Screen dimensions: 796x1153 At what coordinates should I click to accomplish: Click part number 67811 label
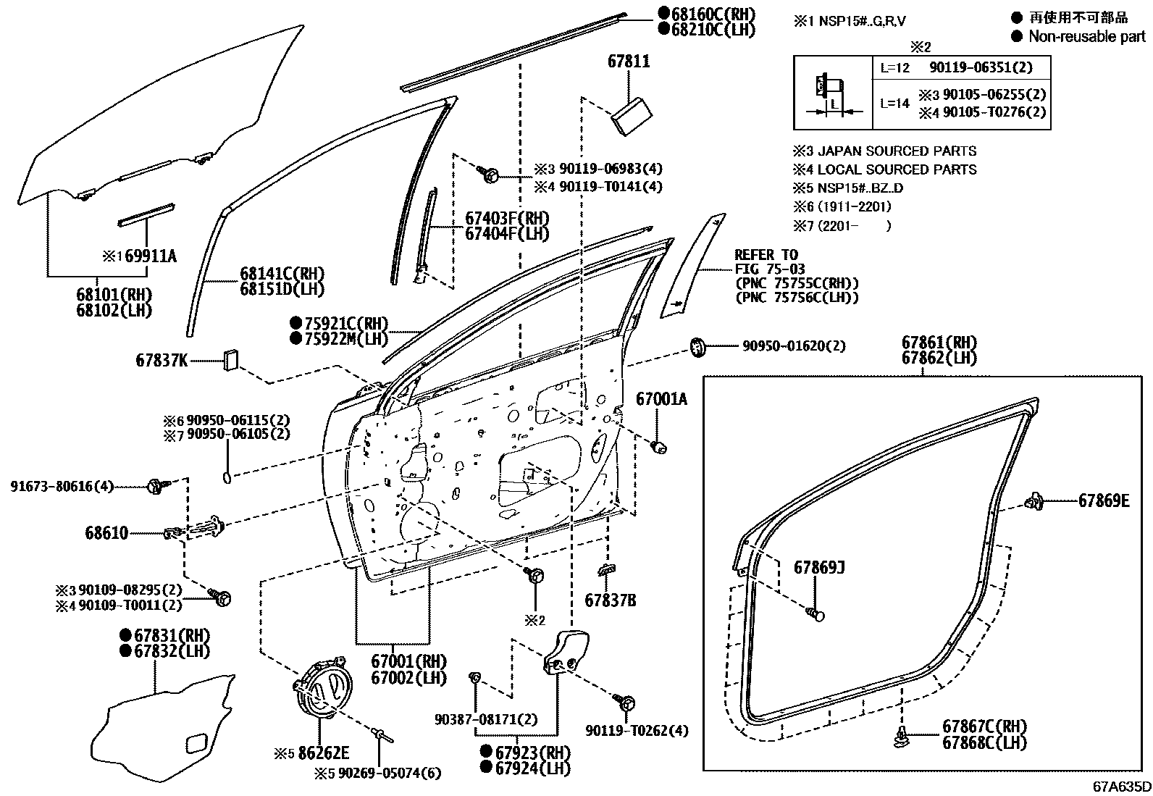pos(628,62)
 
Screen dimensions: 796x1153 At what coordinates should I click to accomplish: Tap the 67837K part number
pos(162,360)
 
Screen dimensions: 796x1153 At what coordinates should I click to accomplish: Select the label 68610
pos(106,534)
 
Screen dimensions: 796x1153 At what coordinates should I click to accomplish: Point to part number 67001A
pos(661,399)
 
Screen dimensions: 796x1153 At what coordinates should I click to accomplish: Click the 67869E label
pos(1103,500)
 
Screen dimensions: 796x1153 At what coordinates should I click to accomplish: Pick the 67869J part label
pos(819,567)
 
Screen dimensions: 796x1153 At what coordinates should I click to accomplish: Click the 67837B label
pos(610,600)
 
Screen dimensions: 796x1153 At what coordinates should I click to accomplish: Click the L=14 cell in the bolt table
pos(894,103)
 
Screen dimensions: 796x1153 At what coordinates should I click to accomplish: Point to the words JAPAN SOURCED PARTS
pos(897,151)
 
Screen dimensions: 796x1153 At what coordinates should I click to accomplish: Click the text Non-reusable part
pos(1086,36)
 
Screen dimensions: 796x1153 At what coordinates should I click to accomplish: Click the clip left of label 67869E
pos(1035,500)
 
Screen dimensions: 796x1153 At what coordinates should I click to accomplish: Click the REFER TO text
pos(766,255)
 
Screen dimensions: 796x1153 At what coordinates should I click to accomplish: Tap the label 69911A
pos(150,256)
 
